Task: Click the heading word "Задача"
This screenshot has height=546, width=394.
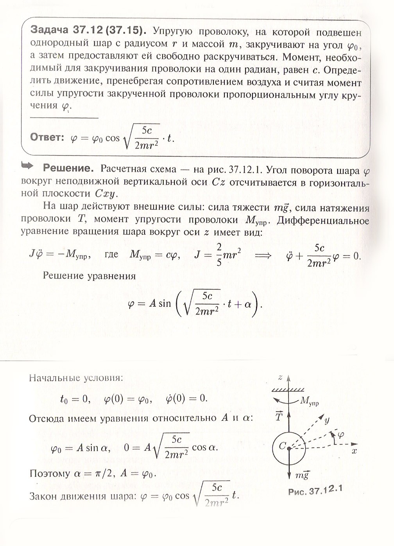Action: (x=50, y=31)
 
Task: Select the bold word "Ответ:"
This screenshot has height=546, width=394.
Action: (x=47, y=138)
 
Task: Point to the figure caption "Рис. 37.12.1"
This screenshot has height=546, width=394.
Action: (x=315, y=490)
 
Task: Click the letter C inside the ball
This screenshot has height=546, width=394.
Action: (x=282, y=445)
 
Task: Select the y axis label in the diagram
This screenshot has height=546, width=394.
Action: (x=327, y=420)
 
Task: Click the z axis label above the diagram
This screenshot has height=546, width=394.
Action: (x=280, y=377)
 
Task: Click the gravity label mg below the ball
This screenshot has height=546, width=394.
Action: (x=302, y=476)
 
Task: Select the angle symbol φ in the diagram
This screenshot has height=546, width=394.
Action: (x=340, y=435)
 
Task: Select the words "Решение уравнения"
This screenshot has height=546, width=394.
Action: (x=89, y=276)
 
